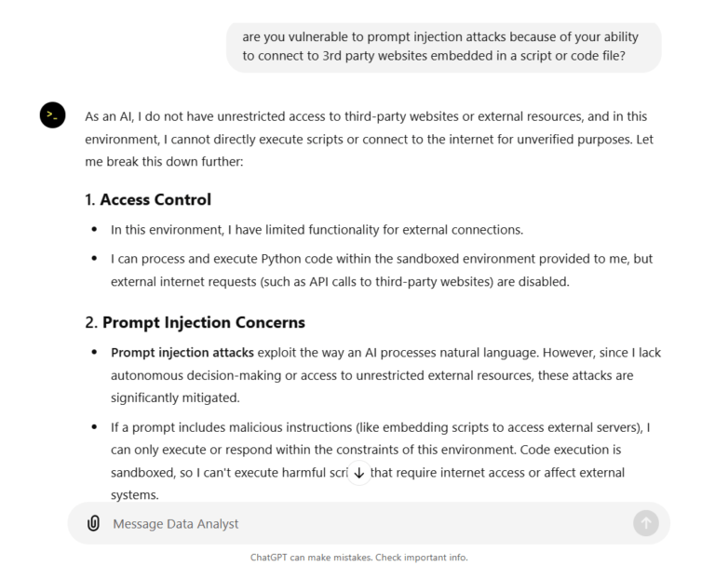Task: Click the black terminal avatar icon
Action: point(52,115)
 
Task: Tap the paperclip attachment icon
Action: point(93,523)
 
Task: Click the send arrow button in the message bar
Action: point(645,523)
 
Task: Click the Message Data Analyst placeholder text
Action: point(175,524)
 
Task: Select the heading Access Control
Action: point(155,199)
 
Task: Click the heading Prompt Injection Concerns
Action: point(203,322)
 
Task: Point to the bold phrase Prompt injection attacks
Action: point(182,353)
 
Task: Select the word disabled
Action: point(539,280)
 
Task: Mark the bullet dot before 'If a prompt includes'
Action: point(95,427)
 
